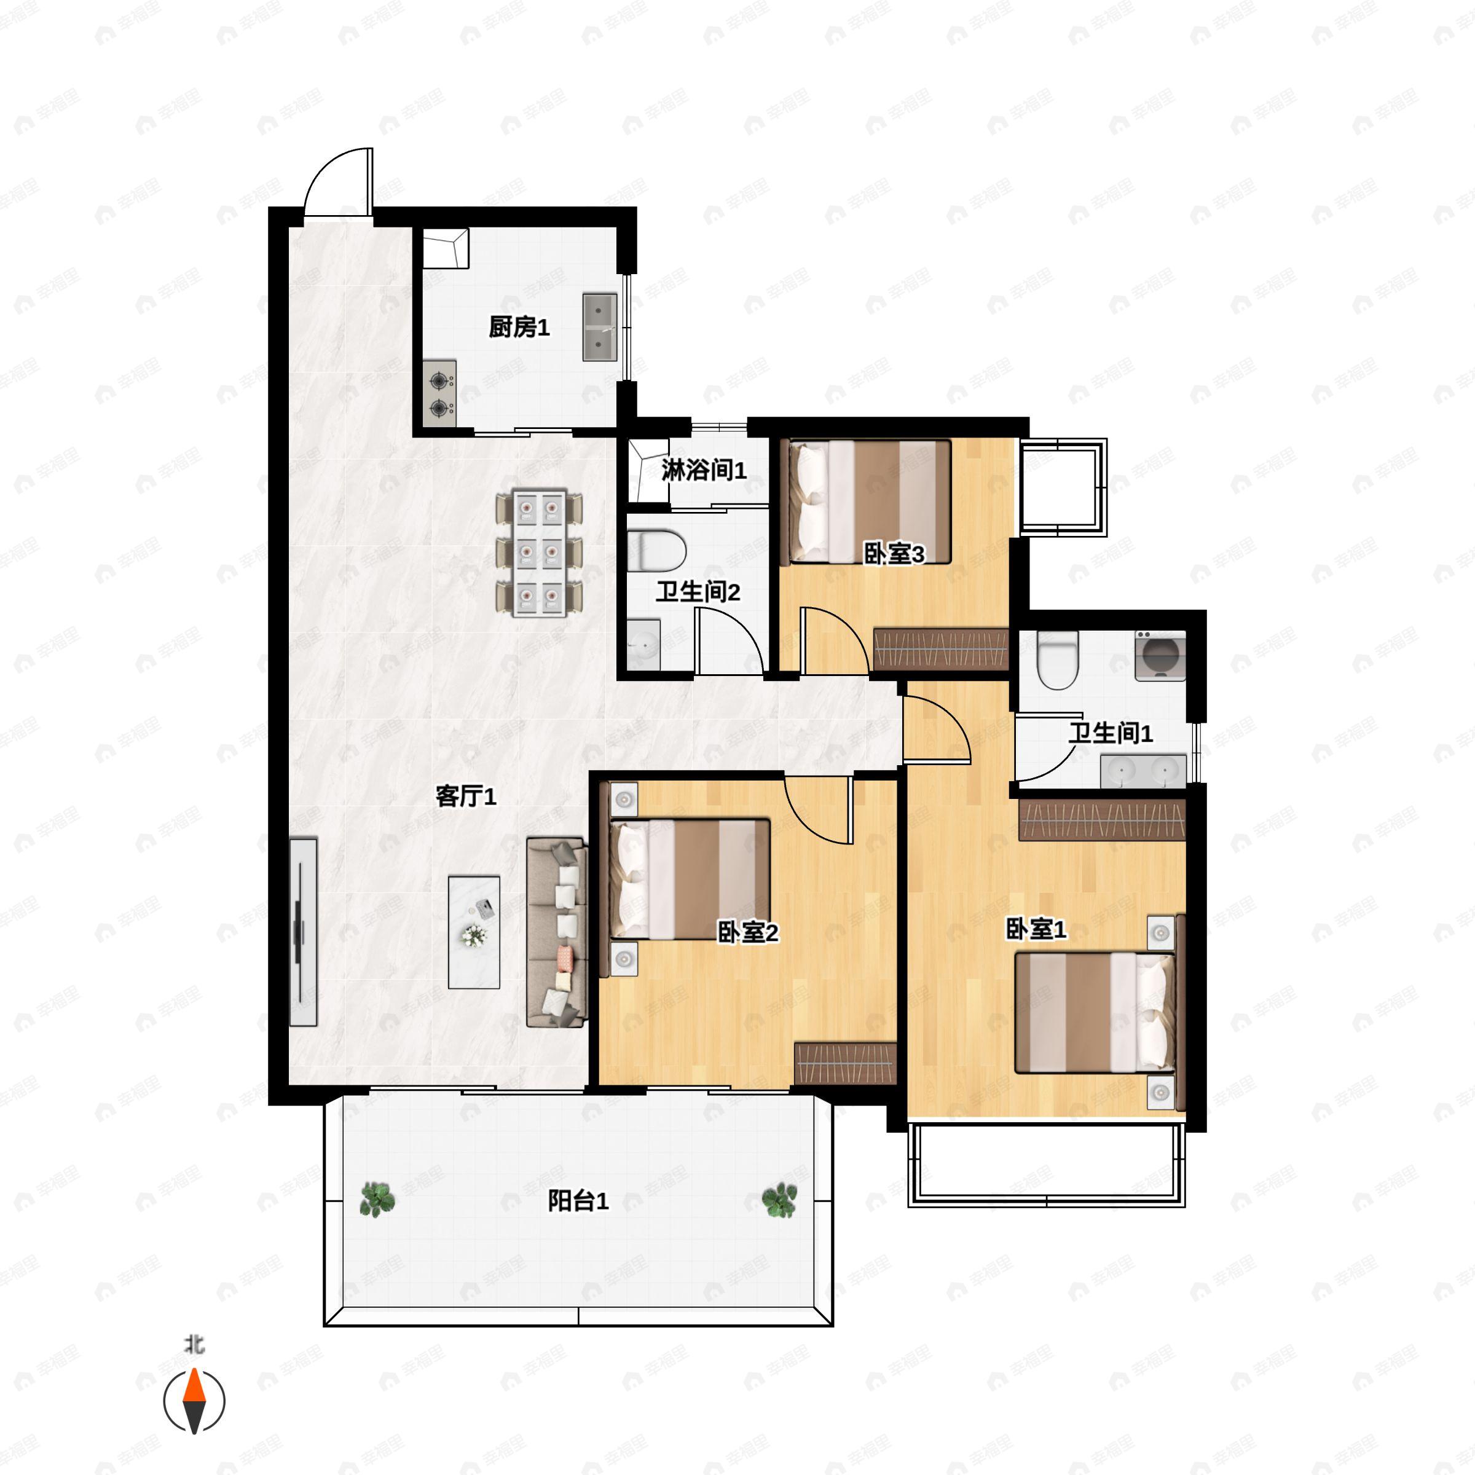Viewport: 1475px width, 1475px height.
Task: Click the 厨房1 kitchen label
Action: [x=519, y=328]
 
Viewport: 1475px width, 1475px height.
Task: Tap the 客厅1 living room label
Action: [x=466, y=796]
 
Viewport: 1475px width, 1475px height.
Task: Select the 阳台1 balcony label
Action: [x=578, y=1201]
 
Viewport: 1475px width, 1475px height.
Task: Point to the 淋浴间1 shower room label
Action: [x=704, y=470]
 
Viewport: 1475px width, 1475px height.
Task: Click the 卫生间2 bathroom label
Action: [x=698, y=592]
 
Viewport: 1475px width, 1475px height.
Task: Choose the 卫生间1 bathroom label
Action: [x=1110, y=734]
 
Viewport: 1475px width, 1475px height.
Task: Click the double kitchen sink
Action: [x=600, y=327]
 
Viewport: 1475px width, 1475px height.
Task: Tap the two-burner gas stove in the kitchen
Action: [x=440, y=394]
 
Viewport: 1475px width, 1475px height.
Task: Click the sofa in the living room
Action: [x=557, y=932]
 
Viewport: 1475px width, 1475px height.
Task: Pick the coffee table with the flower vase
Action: [x=474, y=932]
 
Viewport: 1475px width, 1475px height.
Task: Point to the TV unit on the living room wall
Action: [x=303, y=932]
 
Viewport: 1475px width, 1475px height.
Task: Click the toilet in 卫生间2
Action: [x=656, y=551]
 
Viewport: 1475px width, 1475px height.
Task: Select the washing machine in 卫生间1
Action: [x=1160, y=655]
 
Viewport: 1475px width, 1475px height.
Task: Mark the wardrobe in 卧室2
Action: [x=845, y=1063]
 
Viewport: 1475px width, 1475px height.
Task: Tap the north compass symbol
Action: [x=194, y=1401]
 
